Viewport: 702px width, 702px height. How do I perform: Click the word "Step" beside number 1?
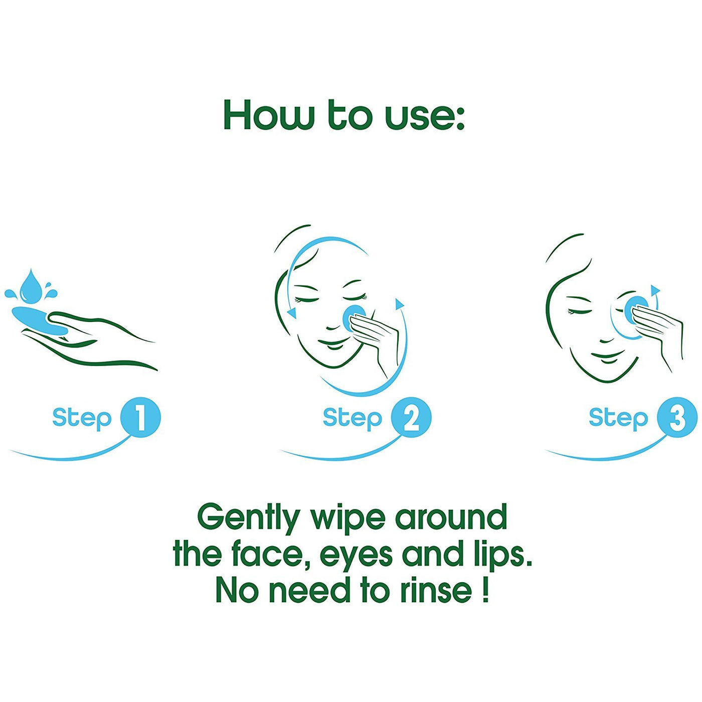pyautogui.click(x=82, y=419)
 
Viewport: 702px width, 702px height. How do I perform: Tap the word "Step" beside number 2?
pyautogui.click(x=353, y=419)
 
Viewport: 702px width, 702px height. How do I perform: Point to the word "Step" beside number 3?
pyautogui.click(x=619, y=419)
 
